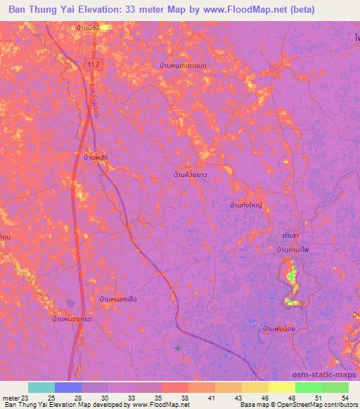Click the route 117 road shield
(91, 64)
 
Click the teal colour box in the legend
(41, 388)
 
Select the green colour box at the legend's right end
(335, 388)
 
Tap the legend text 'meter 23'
(15, 398)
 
